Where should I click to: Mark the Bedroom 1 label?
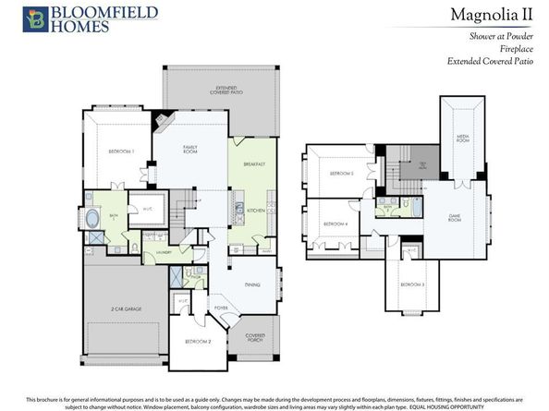click(x=122, y=151)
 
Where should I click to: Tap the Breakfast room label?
click(x=254, y=164)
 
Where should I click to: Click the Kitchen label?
click(x=256, y=210)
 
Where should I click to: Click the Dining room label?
click(x=251, y=285)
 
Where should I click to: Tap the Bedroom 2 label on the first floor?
click(x=198, y=342)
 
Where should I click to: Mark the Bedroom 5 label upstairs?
click(x=342, y=174)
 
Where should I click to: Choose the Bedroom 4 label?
click(x=335, y=224)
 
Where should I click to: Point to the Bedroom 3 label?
click(x=413, y=284)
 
